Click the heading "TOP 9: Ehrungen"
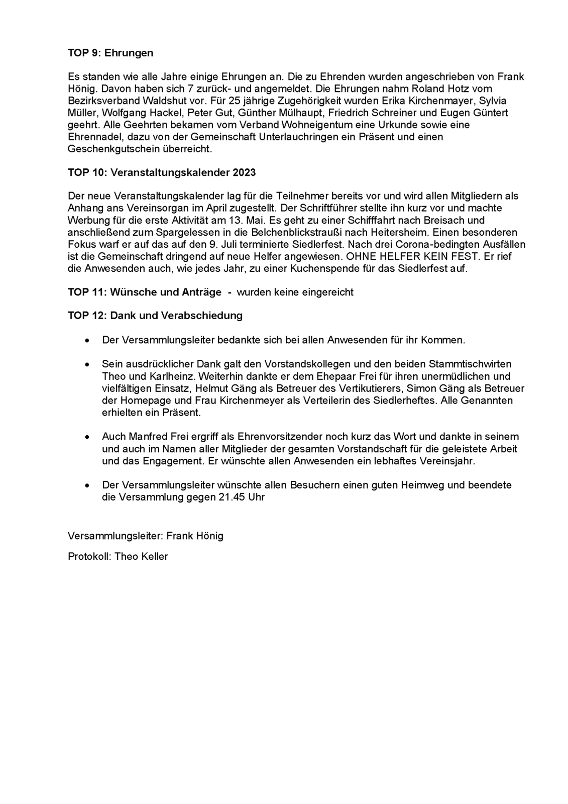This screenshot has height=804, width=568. [110, 53]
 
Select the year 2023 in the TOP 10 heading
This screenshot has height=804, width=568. [244, 172]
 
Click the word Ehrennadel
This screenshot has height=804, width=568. [92, 137]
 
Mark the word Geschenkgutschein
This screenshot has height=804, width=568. [113, 149]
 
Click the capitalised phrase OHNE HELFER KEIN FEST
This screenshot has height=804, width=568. [409, 256]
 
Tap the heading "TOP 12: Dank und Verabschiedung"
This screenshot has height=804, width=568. [155, 316]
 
